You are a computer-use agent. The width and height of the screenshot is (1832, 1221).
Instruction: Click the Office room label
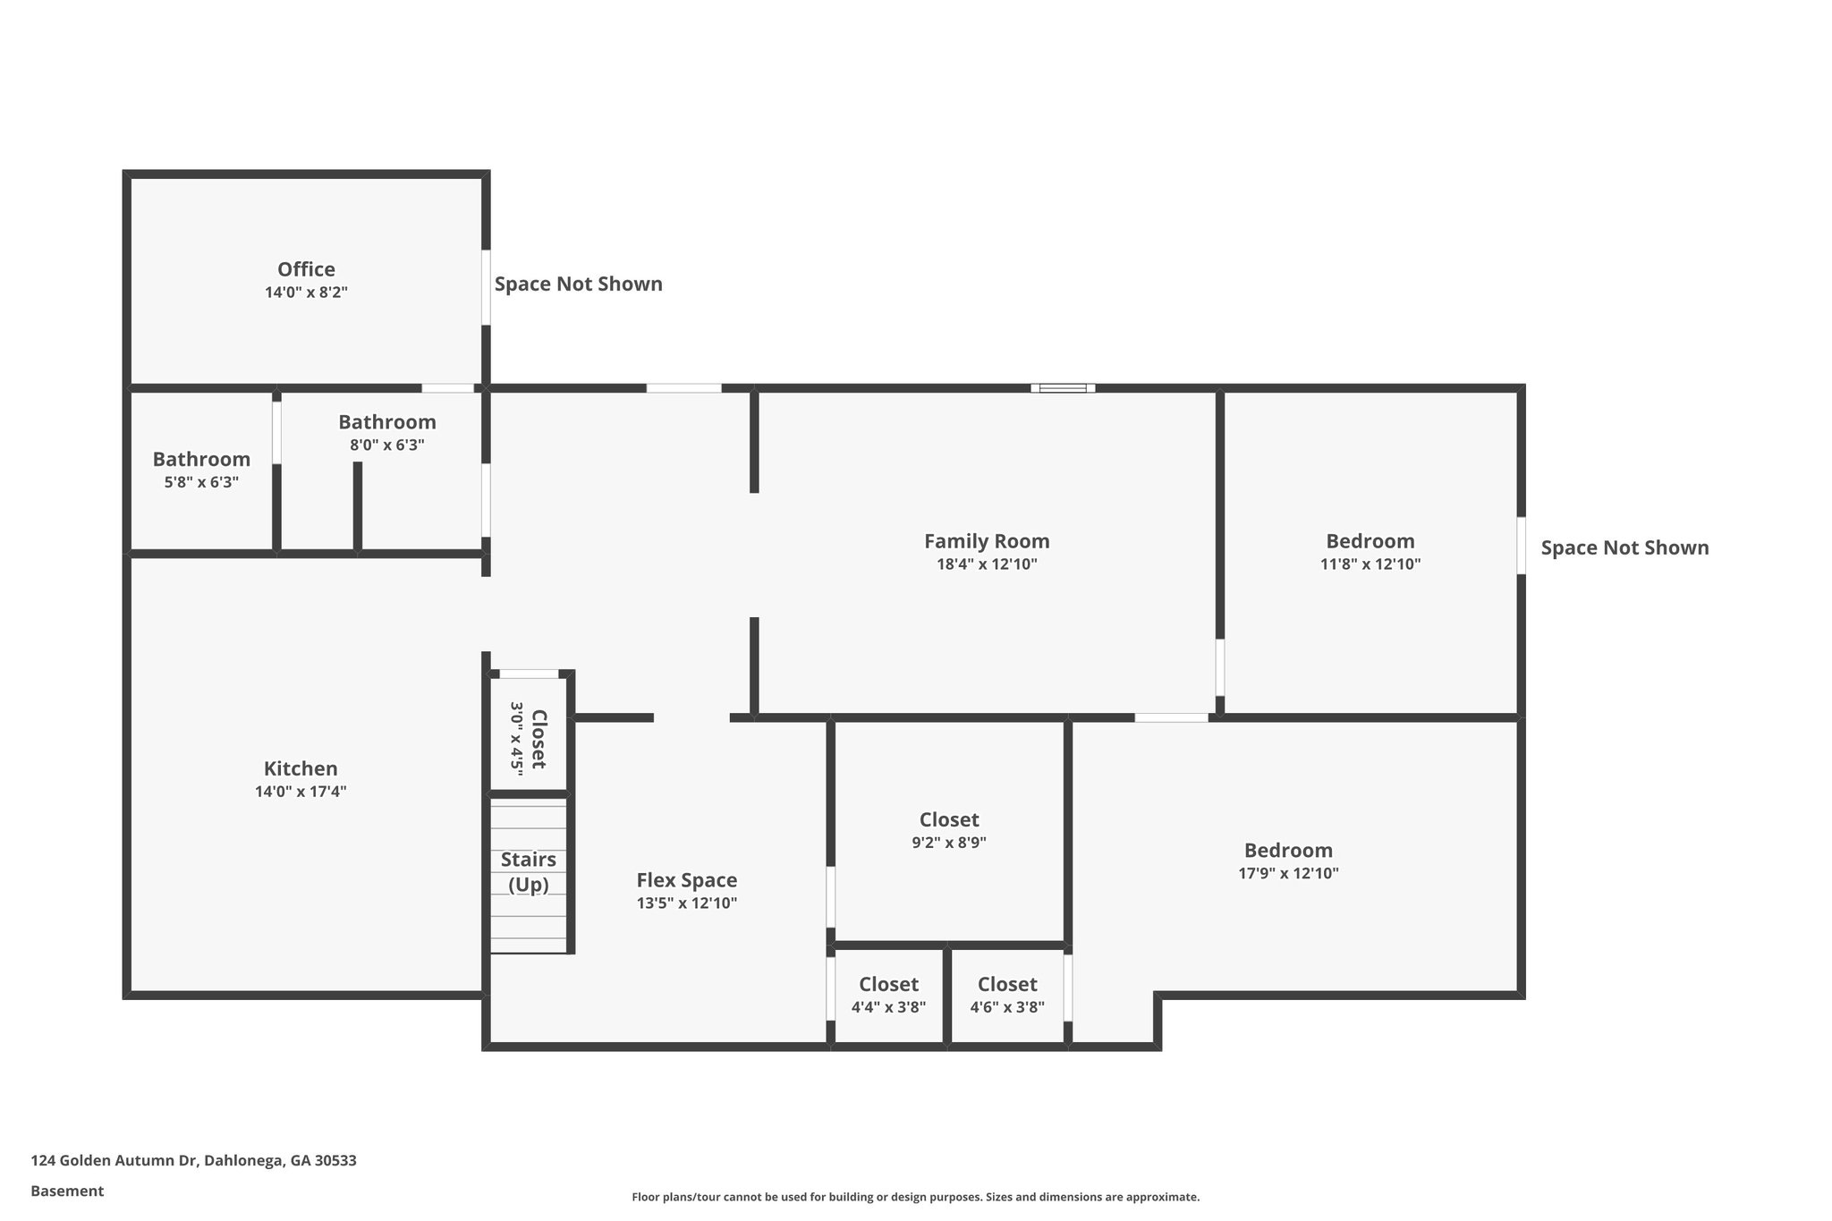coord(306,269)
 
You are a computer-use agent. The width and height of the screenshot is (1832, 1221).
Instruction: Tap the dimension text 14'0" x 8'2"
coord(306,293)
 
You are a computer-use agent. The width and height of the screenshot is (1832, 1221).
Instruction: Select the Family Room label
coord(987,541)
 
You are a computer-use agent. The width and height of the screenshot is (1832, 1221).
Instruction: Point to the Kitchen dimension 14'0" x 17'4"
coord(301,792)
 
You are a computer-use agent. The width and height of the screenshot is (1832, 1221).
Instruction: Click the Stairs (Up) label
coord(528,871)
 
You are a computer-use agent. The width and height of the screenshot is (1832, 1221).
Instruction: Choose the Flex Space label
coord(686,880)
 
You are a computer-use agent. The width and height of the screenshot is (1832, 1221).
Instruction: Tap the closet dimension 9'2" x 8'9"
coord(949,843)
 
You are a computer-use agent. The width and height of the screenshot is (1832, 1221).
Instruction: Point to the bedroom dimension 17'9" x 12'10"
coord(1288,874)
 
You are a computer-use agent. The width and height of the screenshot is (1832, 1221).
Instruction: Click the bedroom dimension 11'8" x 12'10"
coord(1370,564)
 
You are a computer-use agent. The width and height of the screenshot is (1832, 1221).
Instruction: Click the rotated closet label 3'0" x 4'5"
coord(528,739)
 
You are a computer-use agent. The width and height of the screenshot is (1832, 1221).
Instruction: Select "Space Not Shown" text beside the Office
coord(578,284)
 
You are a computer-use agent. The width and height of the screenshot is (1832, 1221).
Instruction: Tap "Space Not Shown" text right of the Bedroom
coord(1624,548)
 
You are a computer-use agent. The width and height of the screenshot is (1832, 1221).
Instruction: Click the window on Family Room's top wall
coord(1063,388)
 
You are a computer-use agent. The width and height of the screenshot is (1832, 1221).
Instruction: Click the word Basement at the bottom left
coord(67,1191)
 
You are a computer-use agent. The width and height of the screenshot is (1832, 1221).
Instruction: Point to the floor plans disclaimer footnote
coord(915,1197)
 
